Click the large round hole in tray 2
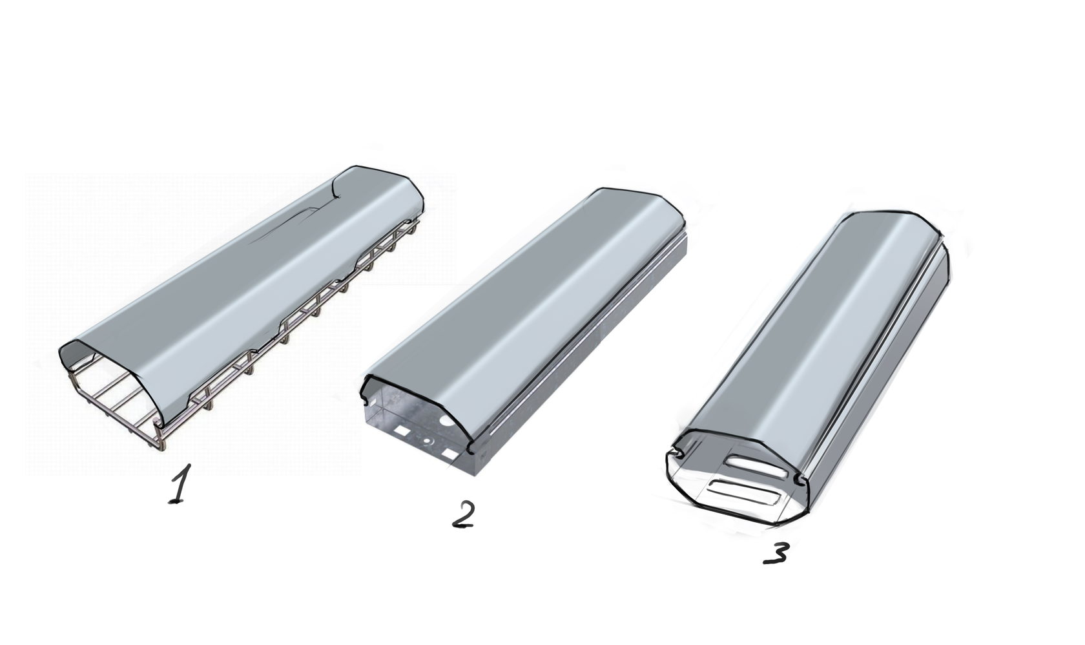[448, 419]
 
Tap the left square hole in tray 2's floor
[401, 430]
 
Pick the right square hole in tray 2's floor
[449, 454]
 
